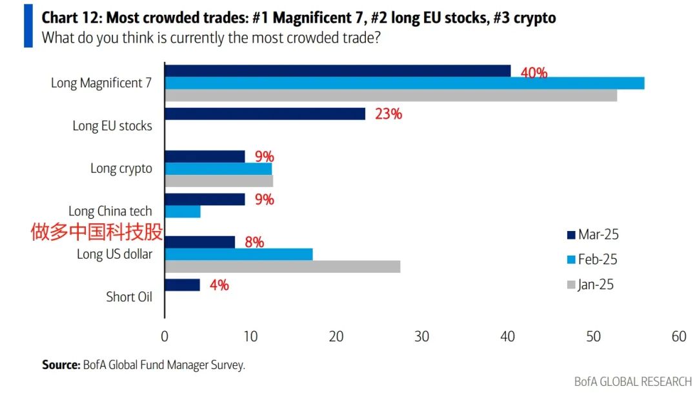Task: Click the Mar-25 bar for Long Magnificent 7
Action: [338, 71]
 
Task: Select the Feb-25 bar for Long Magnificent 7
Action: [405, 83]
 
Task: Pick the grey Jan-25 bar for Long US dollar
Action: [283, 267]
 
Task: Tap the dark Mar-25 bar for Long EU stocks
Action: [265, 114]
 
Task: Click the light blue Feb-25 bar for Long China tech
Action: [183, 211]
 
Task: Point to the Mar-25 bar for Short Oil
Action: [183, 285]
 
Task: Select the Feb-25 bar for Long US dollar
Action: [239, 254]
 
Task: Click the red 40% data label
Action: [534, 73]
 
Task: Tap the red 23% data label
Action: [389, 114]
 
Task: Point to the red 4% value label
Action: [219, 285]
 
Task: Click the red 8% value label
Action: [254, 243]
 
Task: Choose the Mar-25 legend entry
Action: [592, 234]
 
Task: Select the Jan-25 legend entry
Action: [591, 285]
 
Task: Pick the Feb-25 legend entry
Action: [592, 259]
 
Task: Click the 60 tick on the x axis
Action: [678, 337]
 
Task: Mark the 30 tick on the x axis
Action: [421, 337]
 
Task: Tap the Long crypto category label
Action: [121, 168]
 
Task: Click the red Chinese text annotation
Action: [97, 232]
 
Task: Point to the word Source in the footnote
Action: [61, 365]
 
